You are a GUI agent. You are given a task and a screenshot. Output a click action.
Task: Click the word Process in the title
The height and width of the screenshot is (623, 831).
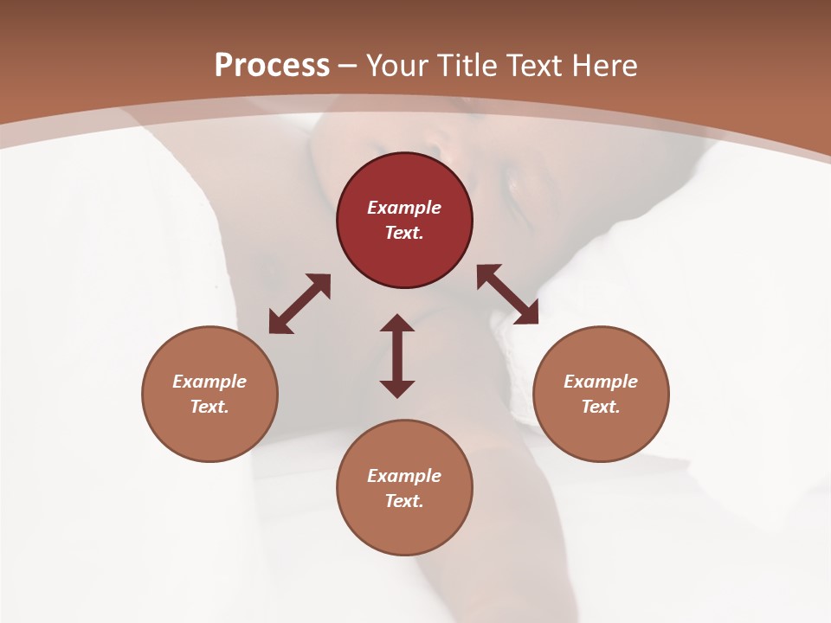pyautogui.click(x=272, y=66)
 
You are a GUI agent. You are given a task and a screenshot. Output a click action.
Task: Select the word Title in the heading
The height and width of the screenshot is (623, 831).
pyautogui.click(x=472, y=66)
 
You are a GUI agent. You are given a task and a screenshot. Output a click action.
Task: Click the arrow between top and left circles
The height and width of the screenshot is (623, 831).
pyautogui.click(x=300, y=304)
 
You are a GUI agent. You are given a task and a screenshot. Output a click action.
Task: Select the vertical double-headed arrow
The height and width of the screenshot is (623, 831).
pyautogui.click(x=397, y=356)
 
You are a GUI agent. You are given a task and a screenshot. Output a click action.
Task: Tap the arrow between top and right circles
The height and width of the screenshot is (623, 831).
pyautogui.click(x=507, y=294)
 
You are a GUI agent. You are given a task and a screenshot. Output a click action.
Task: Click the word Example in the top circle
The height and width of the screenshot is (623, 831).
pyautogui.click(x=404, y=208)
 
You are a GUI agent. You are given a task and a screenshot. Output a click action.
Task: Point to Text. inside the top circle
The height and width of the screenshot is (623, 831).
pyautogui.click(x=404, y=233)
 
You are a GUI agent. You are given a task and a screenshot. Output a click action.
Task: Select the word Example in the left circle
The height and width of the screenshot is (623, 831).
pyautogui.click(x=209, y=382)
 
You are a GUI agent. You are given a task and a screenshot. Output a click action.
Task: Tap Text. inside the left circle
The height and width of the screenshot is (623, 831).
pyautogui.click(x=209, y=407)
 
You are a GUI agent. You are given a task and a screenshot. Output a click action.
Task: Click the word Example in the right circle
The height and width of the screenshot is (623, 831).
pyautogui.click(x=601, y=382)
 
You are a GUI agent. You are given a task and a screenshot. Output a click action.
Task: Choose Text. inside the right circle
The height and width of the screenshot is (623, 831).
pyautogui.click(x=601, y=407)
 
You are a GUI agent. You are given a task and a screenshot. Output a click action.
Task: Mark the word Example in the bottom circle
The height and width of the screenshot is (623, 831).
pyautogui.click(x=404, y=476)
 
